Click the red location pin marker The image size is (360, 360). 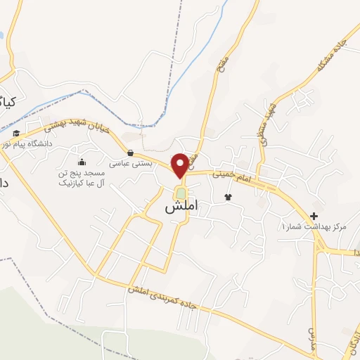(181, 165)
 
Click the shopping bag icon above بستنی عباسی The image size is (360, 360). (129, 152)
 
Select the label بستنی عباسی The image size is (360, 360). (129, 162)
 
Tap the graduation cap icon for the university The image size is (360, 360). (16, 133)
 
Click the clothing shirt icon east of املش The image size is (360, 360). (228, 197)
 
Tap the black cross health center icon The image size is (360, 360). (314, 216)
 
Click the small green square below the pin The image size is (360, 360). (181, 193)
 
